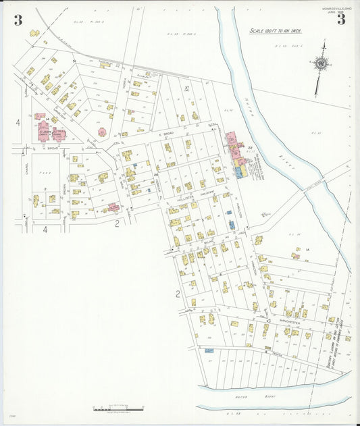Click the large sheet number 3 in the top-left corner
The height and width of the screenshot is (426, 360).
coord(18,20)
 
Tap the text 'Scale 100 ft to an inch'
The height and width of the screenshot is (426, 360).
coord(276,31)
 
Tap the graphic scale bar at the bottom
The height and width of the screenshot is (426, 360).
coord(118,409)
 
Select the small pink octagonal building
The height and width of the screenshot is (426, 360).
coord(102,132)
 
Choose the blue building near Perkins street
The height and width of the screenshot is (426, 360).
coord(209,350)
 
